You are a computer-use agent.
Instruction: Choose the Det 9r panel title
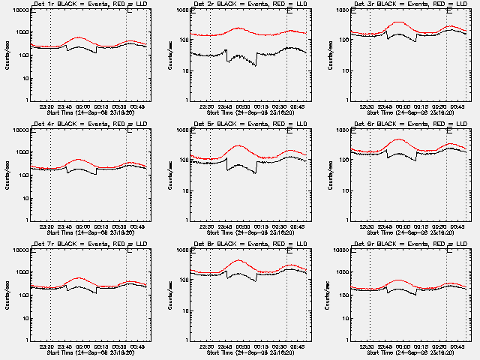[401, 244]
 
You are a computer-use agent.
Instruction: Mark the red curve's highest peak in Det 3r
[399, 22]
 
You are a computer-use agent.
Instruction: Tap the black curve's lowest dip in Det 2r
[254, 65]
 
